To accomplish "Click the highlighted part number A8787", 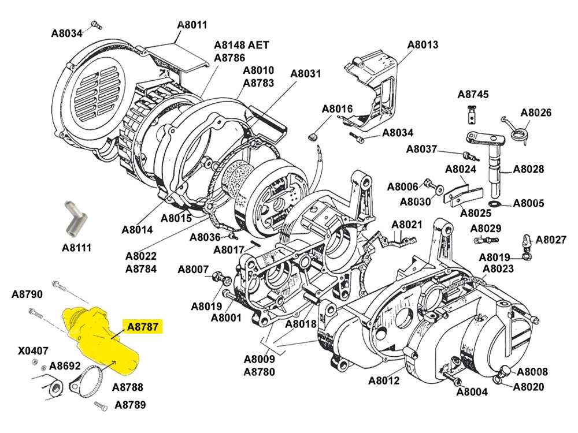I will (142, 327).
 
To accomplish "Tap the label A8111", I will (77, 248).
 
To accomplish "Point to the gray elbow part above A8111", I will (73, 217).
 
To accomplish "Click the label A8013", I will (423, 44).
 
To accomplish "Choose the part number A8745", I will (473, 94).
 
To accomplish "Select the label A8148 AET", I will (242, 45).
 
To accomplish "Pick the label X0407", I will (33, 350).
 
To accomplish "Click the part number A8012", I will (384, 380).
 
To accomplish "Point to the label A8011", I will (192, 25).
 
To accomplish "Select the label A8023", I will (498, 268).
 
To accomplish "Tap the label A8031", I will (305, 74).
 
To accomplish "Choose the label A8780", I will (259, 372).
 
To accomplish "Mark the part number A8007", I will (192, 269).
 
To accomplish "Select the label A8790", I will (27, 294).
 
